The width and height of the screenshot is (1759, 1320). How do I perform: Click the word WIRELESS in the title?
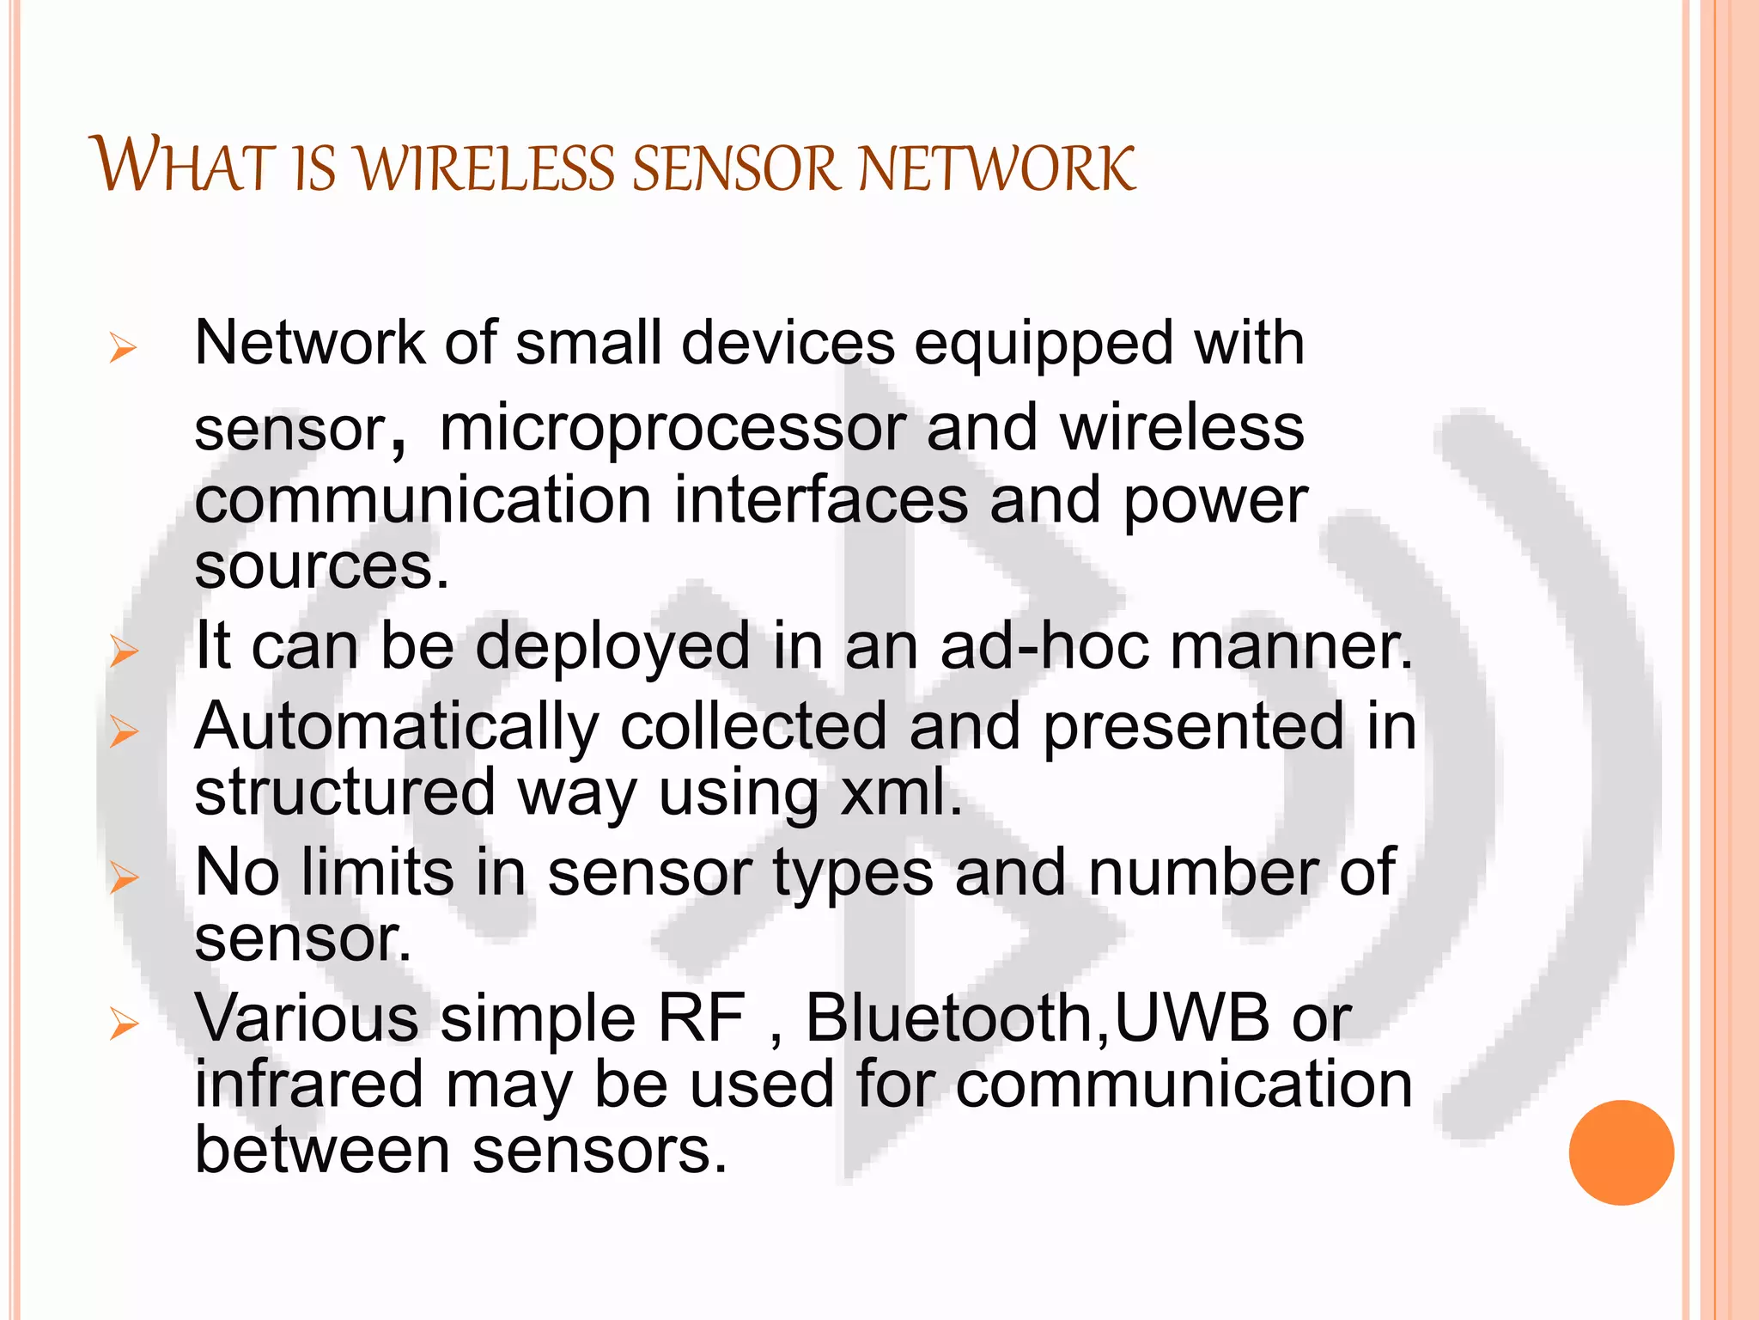(484, 168)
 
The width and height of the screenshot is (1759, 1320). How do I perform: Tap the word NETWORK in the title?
(996, 168)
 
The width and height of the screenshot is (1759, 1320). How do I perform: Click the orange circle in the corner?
(1621, 1152)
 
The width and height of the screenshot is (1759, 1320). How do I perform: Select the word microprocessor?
(672, 428)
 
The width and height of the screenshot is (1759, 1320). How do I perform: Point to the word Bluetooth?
(948, 1017)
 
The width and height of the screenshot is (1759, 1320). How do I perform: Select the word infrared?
(309, 1084)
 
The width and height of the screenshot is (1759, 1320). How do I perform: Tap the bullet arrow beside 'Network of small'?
(124, 349)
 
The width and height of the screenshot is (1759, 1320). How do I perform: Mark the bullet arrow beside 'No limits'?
(125, 877)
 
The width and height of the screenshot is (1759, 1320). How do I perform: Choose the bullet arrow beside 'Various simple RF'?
(125, 1024)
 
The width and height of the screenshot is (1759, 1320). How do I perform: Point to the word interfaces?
(820, 500)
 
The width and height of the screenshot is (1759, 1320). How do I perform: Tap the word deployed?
(612, 647)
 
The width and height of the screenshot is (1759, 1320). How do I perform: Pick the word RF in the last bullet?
(701, 1017)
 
